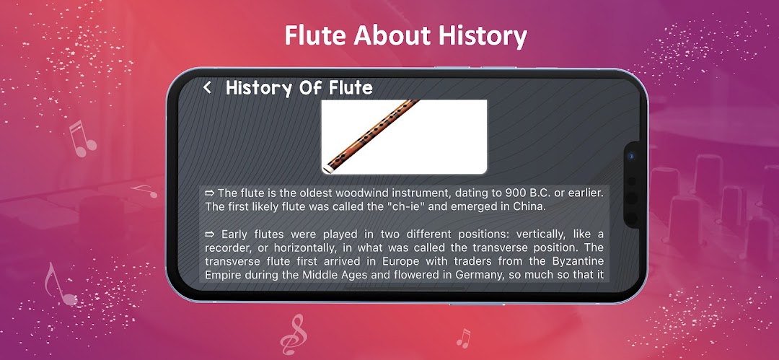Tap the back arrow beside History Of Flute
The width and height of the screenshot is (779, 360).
pyautogui.click(x=207, y=88)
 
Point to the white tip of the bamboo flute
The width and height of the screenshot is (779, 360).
pyautogui.click(x=327, y=170)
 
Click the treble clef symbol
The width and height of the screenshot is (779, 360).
pyautogui.click(x=293, y=334)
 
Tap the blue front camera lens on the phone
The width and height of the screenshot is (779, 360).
pyautogui.click(x=631, y=156)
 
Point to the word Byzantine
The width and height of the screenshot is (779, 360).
pyautogui.click(x=578, y=260)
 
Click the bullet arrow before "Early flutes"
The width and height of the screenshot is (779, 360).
pyautogui.click(x=210, y=234)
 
